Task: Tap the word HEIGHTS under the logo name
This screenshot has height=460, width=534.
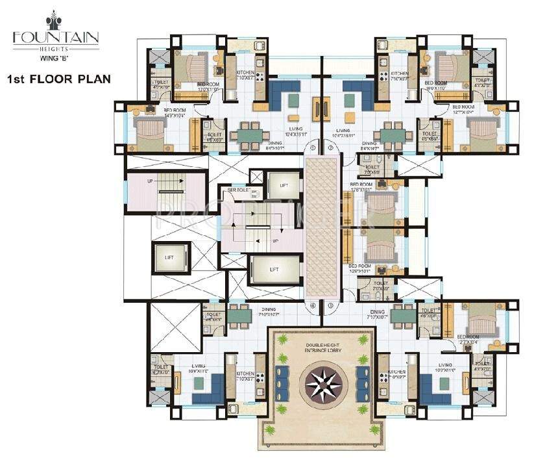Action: (x=56, y=47)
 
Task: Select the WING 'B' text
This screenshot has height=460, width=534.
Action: (x=56, y=57)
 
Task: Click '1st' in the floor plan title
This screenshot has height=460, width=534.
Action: (x=21, y=79)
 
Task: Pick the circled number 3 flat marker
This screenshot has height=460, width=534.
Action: (x=330, y=305)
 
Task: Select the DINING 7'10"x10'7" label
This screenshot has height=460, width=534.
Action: (x=269, y=312)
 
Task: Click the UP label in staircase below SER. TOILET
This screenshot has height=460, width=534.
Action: (x=275, y=240)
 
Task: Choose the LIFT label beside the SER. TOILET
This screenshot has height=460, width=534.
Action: (x=284, y=186)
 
